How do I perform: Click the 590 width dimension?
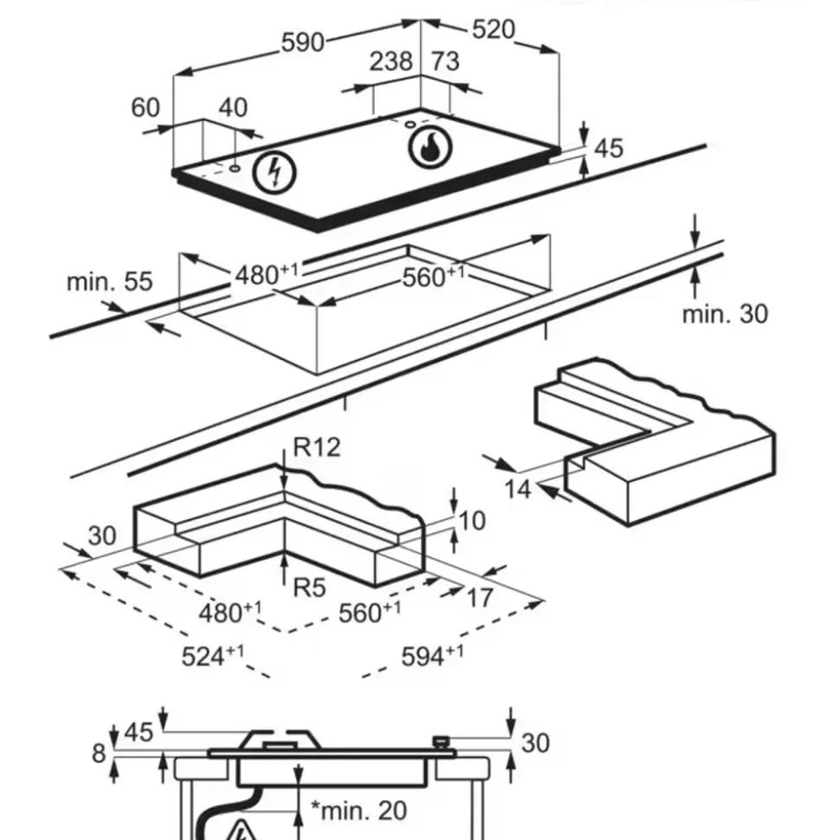click(x=303, y=42)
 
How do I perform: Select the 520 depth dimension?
click(x=493, y=29)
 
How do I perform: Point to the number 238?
click(x=391, y=62)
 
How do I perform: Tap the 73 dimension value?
click(x=445, y=62)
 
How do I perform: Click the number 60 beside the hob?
click(x=145, y=107)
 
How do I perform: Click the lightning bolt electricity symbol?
click(x=274, y=172)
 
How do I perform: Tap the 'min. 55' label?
click(x=109, y=282)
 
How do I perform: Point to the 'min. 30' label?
click(x=724, y=314)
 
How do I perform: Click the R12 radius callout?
click(x=317, y=447)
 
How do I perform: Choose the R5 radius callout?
click(x=309, y=588)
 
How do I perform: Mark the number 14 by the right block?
click(x=518, y=489)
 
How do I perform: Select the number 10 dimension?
click(x=472, y=520)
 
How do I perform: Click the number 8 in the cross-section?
click(x=99, y=753)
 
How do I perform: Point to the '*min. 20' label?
click(x=358, y=811)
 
